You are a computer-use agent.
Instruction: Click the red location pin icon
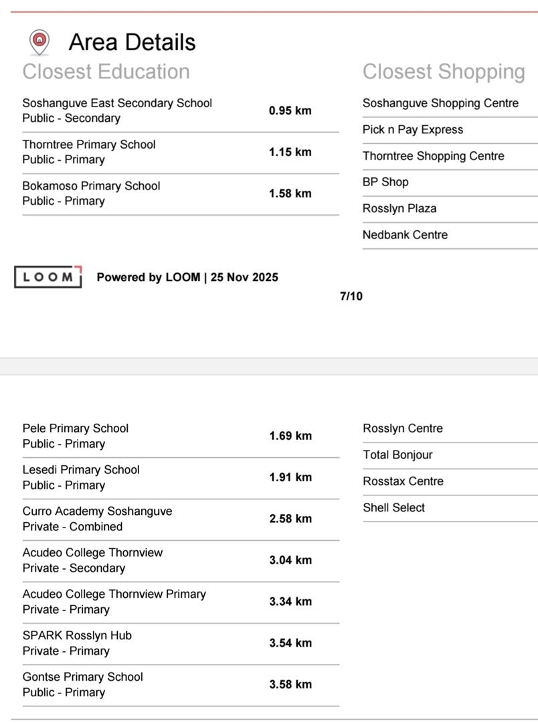(39, 42)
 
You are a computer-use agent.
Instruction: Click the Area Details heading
(132, 42)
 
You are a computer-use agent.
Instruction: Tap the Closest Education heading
(106, 72)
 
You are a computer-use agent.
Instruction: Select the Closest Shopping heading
(444, 72)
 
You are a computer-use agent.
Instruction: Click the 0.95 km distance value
(290, 110)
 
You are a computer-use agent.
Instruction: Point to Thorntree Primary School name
(89, 145)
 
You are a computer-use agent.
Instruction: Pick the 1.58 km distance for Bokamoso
(290, 193)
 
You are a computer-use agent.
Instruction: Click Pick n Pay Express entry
(413, 130)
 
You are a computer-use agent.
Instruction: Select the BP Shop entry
(385, 182)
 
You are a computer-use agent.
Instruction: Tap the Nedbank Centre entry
(405, 235)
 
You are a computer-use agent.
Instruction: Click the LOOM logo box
(48, 277)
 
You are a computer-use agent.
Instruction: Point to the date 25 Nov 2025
(244, 277)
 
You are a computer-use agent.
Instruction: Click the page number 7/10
(351, 296)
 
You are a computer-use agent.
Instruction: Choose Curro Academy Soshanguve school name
(97, 511)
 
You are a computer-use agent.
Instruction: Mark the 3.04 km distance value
(290, 560)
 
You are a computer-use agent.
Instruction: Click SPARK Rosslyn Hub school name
(77, 635)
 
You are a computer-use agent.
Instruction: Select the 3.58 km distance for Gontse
(290, 684)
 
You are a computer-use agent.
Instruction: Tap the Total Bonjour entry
(397, 455)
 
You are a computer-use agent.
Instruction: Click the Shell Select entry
(393, 508)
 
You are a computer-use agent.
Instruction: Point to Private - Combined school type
(72, 527)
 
